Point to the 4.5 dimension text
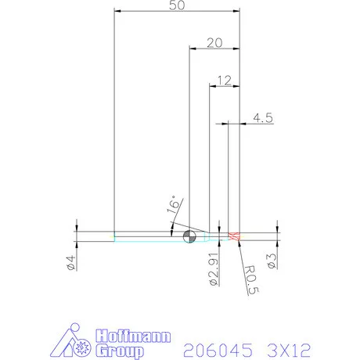tap(263, 118)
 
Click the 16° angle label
tap(175, 207)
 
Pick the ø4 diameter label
tap(70, 263)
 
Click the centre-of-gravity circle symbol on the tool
tap(189, 236)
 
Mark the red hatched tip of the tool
tap(233, 236)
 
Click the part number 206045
tap(211, 348)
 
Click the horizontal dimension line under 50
tap(176, 13)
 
